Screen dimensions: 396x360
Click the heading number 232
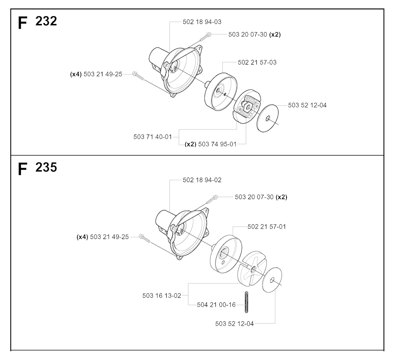tap(46, 21)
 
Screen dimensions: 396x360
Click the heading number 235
tap(46, 167)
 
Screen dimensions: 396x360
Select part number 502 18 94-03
tap(202, 22)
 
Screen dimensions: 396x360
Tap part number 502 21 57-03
tap(257, 62)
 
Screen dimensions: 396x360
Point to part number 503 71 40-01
tap(152, 137)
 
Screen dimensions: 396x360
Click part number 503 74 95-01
tap(217, 144)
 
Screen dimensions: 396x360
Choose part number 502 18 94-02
tap(202, 180)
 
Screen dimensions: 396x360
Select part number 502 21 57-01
tap(267, 227)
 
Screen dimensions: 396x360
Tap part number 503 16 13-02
tap(162, 296)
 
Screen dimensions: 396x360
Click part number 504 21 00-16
tap(216, 305)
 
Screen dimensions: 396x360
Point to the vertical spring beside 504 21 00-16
tap(246, 302)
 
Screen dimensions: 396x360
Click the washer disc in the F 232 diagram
tap(268, 118)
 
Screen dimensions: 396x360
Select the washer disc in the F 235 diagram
tap(272, 280)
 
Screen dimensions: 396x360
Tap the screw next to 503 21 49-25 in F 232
tap(138, 76)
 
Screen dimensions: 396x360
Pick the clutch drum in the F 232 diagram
tap(221, 92)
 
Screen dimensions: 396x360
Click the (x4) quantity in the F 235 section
tap(82, 237)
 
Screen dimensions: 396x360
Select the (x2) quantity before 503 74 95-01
tap(190, 144)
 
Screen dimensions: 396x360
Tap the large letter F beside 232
tap(22, 23)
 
